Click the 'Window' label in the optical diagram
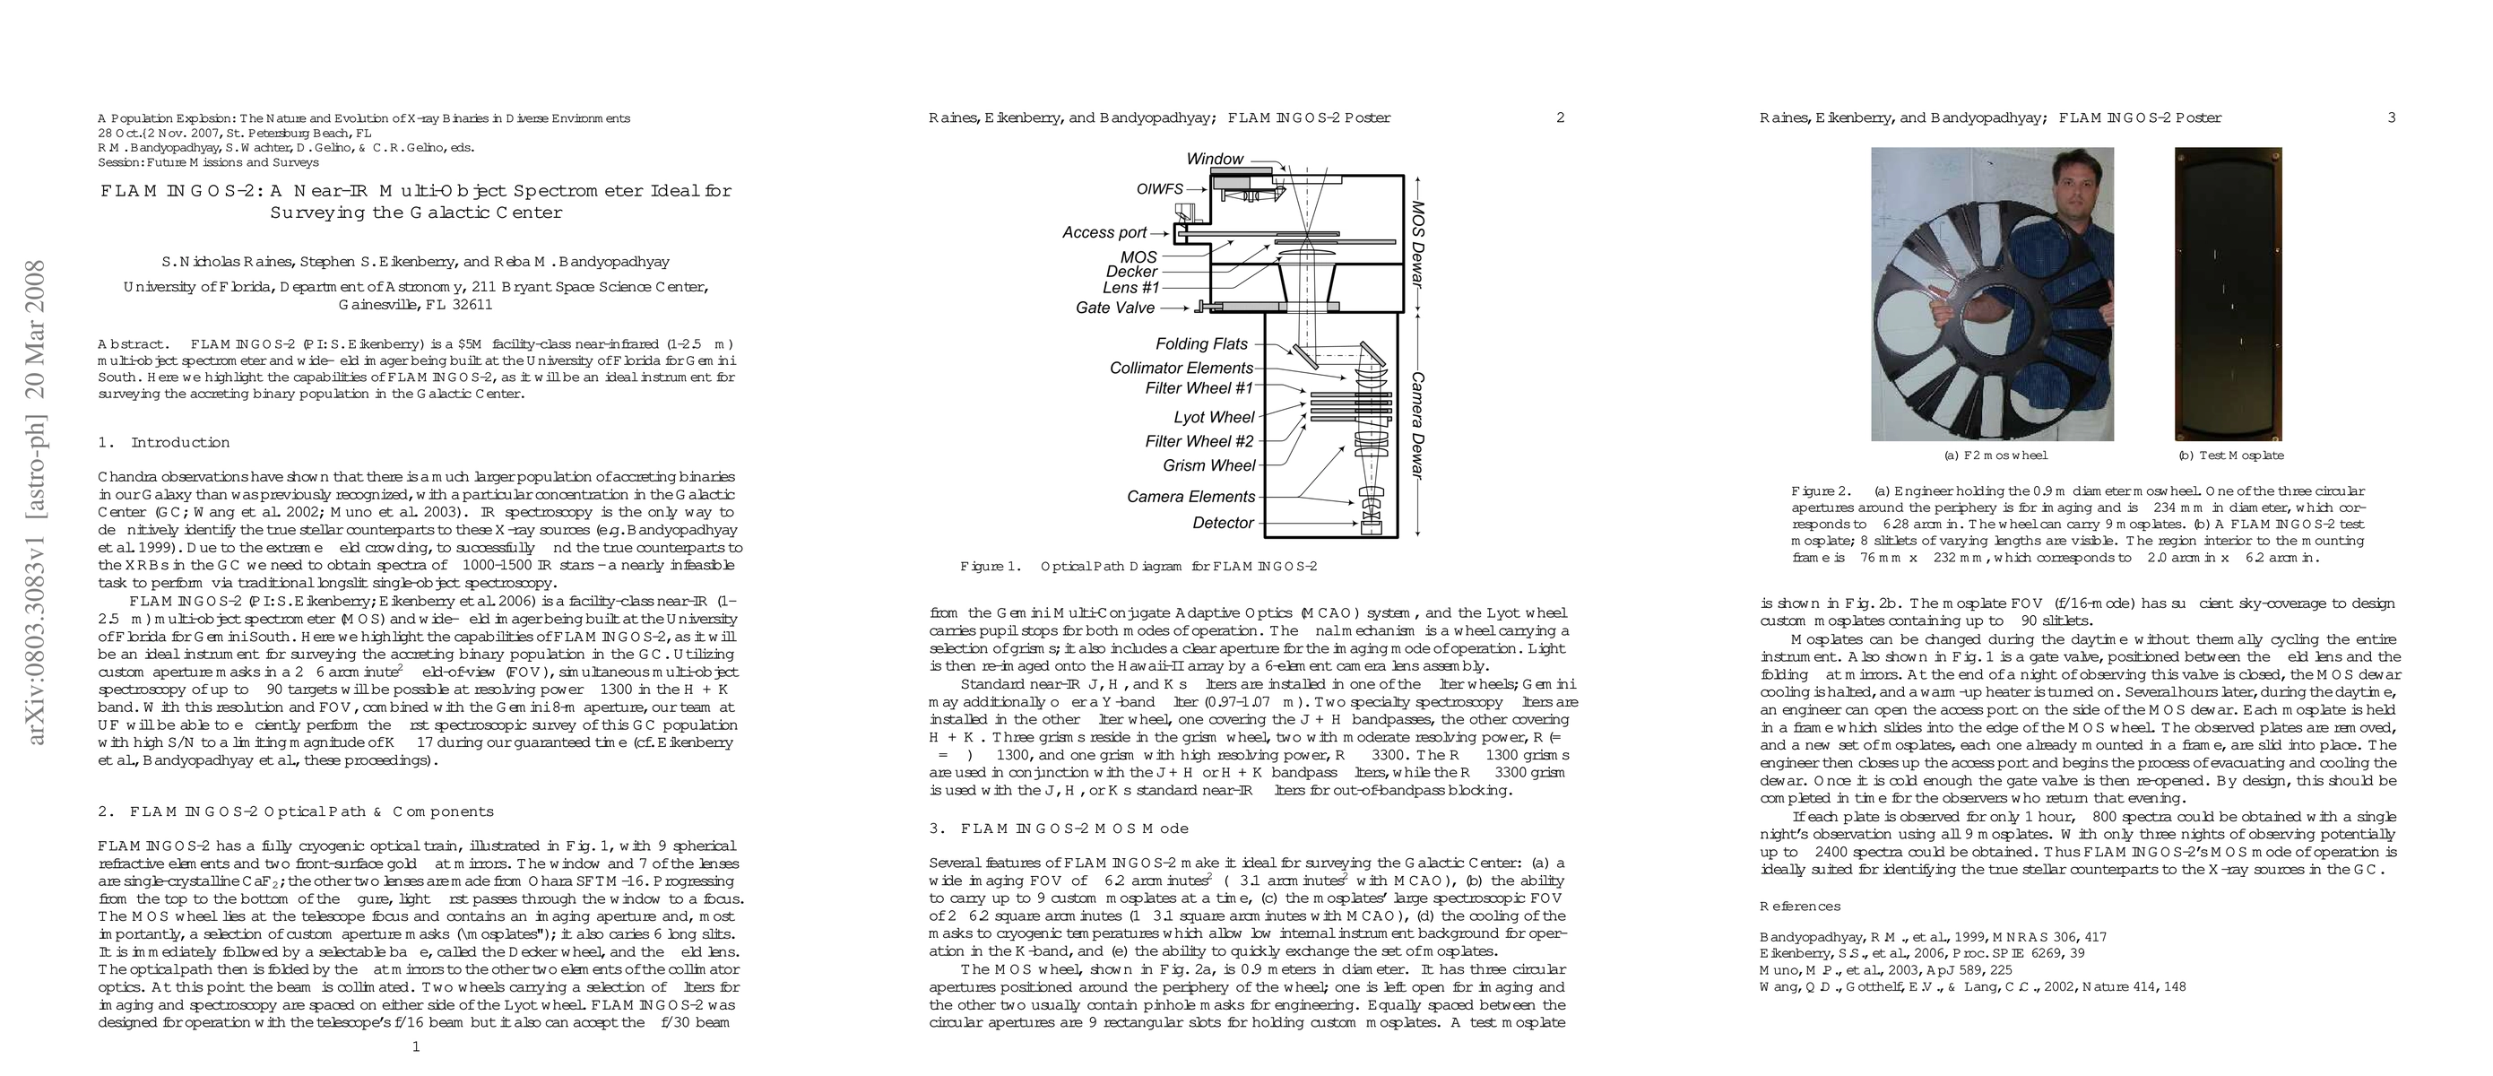pyautogui.click(x=1215, y=159)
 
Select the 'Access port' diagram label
pyautogui.click(x=1104, y=232)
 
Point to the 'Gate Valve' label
pyautogui.click(x=1115, y=308)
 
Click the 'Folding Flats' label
pyautogui.click(x=1202, y=343)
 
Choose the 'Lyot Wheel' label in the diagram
pyautogui.click(x=1214, y=417)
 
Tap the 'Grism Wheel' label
pyautogui.click(x=1208, y=465)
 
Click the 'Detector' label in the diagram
pyautogui.click(x=1224, y=523)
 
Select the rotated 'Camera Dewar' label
pyautogui.click(x=1419, y=425)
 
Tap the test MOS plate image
pyautogui.click(x=2228, y=294)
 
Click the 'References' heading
pyautogui.click(x=1800, y=907)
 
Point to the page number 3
pyautogui.click(x=2392, y=118)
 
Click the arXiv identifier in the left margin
pyautogui.click(x=36, y=503)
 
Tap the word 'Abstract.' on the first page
pyautogui.click(x=134, y=344)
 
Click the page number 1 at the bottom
pyautogui.click(x=416, y=1046)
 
